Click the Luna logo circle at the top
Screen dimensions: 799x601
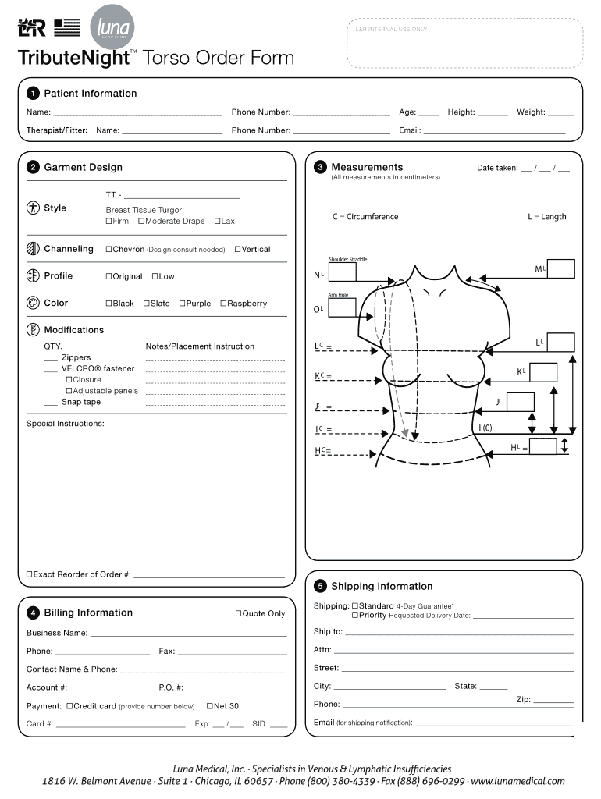[112, 29]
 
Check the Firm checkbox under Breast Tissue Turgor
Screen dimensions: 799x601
[108, 222]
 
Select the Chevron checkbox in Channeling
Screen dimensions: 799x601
[108, 250]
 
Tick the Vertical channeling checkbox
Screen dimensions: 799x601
[237, 250]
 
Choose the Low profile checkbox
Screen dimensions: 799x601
[155, 276]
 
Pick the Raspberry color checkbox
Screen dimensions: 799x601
[223, 304]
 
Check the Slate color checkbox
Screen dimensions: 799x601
[146, 304]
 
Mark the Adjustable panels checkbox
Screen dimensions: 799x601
[69, 391]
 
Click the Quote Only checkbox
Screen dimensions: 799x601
[238, 614]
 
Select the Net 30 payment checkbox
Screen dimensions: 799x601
[209, 706]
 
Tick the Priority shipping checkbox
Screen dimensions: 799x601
[354, 616]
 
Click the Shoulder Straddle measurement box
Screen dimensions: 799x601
[342, 272]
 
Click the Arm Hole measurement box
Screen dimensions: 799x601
[342, 307]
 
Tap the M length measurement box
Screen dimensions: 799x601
[560, 269]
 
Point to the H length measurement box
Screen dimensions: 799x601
[543, 446]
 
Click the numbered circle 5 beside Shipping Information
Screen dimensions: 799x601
[319, 587]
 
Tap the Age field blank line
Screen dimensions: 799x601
[429, 115]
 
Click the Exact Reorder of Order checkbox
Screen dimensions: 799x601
[30, 574]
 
